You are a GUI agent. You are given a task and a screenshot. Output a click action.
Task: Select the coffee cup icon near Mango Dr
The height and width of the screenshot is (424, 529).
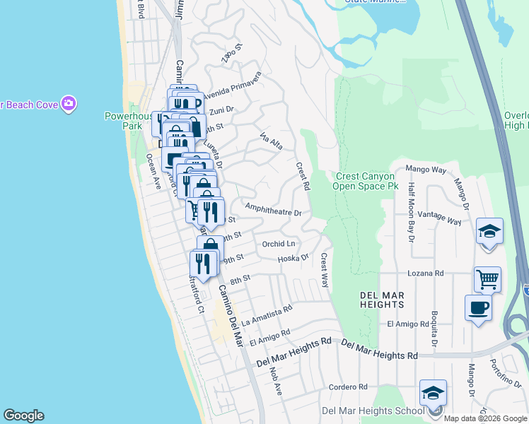point(478,307)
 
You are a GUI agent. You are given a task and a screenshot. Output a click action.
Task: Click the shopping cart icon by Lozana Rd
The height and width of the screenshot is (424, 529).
point(487,279)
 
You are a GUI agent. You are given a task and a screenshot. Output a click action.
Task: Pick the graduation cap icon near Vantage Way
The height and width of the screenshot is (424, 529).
point(489,231)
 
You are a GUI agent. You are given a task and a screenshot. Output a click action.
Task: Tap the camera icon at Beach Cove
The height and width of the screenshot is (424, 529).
point(69,105)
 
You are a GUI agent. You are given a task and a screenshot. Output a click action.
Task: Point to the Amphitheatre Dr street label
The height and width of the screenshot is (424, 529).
point(273,210)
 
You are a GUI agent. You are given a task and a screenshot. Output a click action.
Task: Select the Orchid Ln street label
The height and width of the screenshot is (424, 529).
point(279,244)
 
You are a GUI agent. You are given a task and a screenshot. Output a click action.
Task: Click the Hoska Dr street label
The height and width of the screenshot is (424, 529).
point(293,258)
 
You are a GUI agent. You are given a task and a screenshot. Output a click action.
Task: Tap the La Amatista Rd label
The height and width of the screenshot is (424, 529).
point(267,315)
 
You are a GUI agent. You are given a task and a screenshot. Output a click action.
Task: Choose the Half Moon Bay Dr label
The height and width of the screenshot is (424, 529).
point(410,211)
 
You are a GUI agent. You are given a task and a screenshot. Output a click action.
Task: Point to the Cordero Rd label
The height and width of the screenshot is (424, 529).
point(349,387)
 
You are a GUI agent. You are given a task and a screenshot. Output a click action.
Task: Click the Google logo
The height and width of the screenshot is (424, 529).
point(23,416)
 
